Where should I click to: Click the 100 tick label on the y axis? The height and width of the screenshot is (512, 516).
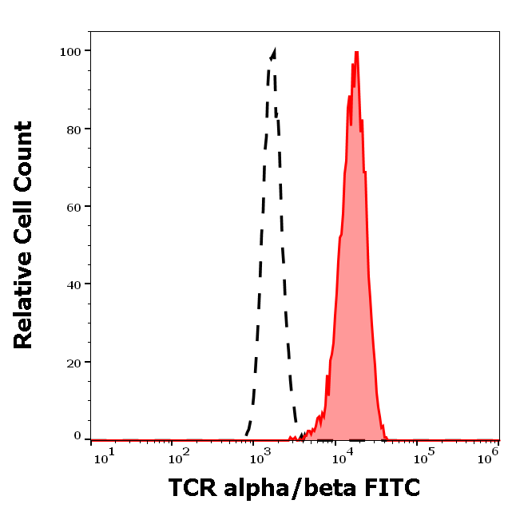tap(71, 51)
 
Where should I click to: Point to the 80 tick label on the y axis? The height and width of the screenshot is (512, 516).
tap(74, 129)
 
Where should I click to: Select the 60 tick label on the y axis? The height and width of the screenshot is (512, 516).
tap(74, 206)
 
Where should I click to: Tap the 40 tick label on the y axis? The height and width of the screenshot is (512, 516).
tap(74, 284)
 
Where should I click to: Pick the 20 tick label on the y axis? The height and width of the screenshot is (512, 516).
tap(74, 362)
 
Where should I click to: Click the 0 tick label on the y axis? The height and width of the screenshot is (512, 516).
tap(77, 437)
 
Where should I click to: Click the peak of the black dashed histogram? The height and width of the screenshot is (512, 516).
tap(275, 50)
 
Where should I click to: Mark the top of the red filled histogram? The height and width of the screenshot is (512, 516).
tap(356, 52)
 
